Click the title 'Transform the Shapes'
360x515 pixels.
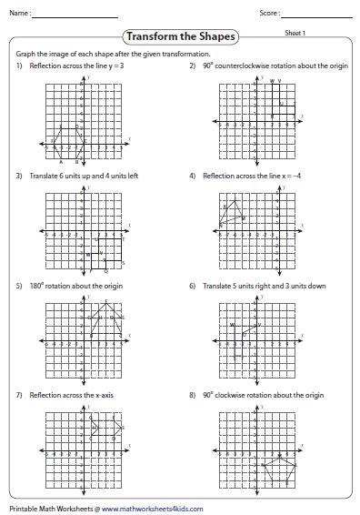(x=179, y=37)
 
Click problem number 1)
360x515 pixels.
(x=18, y=66)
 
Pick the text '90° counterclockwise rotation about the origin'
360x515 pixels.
(x=261, y=66)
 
